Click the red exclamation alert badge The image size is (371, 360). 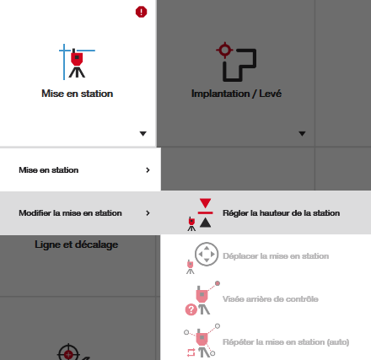[141, 12]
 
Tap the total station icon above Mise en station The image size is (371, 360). [77, 62]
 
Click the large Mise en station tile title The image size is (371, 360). [78, 94]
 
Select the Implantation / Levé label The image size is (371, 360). [236, 94]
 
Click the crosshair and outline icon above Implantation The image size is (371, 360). [236, 62]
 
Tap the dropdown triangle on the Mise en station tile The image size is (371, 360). [143, 133]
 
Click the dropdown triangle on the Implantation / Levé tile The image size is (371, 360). [302, 133]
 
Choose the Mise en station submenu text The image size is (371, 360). [49, 170]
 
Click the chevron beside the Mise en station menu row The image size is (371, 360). [148, 170]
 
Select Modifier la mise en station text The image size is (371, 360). [70, 213]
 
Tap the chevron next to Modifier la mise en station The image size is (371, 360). [148, 213]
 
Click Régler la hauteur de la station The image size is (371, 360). [282, 213]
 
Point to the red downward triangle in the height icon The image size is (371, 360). [206, 203]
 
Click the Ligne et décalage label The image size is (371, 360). [77, 244]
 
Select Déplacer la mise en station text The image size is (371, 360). [276, 256]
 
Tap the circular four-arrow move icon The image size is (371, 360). [207, 254]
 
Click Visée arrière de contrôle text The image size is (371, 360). [271, 299]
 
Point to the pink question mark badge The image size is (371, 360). [191, 309]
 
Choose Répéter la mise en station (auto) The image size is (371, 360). [286, 342]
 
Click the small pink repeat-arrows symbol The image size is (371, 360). [191, 352]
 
